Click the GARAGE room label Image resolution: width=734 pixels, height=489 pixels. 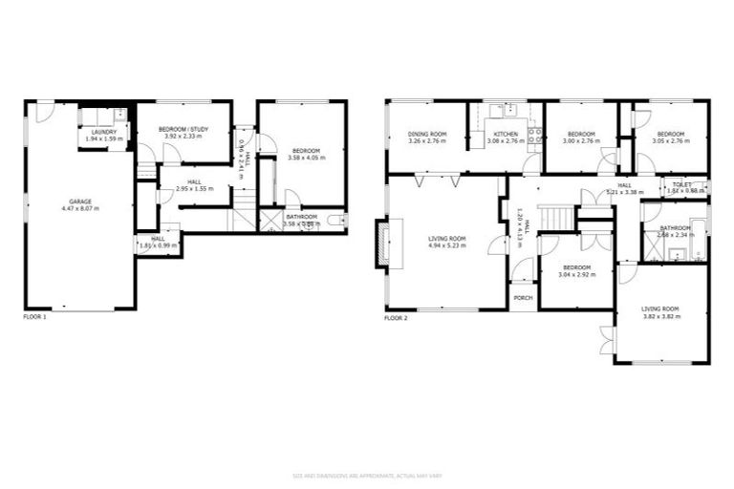point(79,201)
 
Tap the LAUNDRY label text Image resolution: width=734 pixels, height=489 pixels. point(106,132)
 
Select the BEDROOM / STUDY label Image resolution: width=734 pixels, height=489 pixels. point(183,128)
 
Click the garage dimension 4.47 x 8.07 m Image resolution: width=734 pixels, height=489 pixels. point(79,207)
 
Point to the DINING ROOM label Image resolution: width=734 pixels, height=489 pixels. point(427,134)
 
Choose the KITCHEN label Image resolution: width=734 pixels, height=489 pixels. point(505,134)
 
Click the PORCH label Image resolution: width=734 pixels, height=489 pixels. point(523,298)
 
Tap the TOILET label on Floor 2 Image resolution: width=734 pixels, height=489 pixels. point(681,184)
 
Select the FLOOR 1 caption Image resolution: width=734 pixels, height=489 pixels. point(34,316)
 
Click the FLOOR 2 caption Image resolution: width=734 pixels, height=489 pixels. point(396,317)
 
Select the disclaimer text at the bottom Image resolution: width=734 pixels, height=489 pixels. point(366,475)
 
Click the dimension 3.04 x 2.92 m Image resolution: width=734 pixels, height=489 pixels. point(576,274)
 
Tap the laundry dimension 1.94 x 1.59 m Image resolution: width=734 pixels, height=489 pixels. point(106,139)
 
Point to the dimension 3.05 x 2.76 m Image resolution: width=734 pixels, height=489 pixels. point(670,140)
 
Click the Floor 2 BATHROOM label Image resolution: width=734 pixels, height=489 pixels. point(675,227)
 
